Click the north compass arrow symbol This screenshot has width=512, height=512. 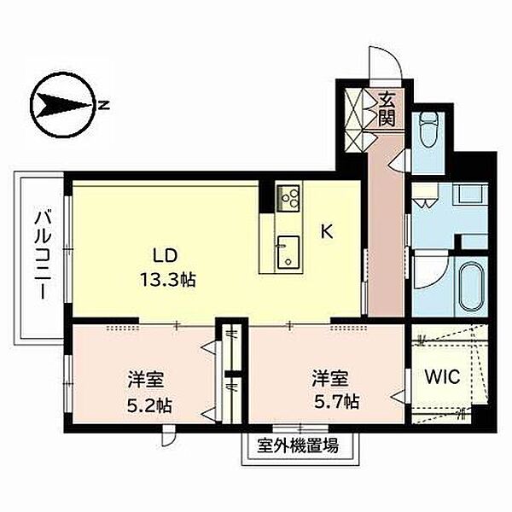[x=62, y=105]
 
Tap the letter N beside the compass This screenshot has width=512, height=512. [x=104, y=105]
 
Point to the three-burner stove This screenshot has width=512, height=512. [x=288, y=198]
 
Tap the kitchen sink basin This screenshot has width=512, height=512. [x=288, y=252]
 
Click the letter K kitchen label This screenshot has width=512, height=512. [x=327, y=232]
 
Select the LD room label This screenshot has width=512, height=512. [x=166, y=255]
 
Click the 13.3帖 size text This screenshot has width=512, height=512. [x=168, y=280]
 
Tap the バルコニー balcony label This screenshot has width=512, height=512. [x=43, y=255]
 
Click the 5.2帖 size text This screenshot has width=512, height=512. [x=149, y=406]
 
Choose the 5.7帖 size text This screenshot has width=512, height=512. [x=337, y=402]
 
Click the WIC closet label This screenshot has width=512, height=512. [x=442, y=376]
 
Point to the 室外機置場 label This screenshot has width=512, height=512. [x=298, y=445]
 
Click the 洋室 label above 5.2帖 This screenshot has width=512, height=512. [x=146, y=380]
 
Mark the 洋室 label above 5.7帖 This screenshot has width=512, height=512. [x=330, y=378]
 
